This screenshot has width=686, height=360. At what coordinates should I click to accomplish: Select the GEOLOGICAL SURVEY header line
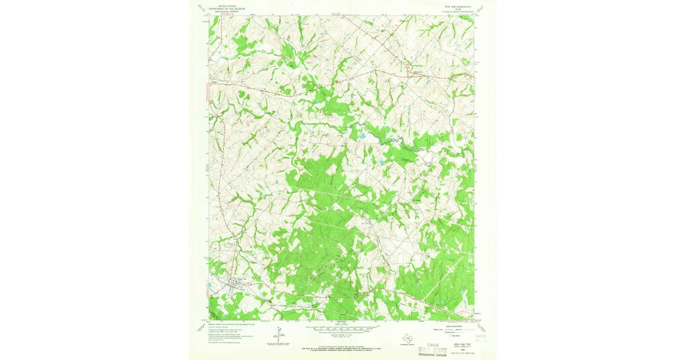point(223,10)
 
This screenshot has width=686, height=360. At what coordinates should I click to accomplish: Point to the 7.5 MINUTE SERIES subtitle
point(456,10)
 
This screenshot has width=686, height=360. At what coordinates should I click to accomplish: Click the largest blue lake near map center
point(361,137)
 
